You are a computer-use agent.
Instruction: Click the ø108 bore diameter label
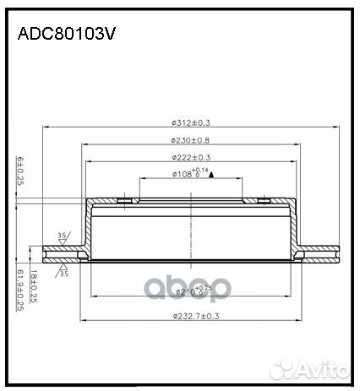point(185,174)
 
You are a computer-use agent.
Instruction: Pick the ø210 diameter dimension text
point(191,291)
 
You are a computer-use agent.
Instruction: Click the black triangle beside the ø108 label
point(211,175)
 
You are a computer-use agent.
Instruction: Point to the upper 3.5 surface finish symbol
point(62,237)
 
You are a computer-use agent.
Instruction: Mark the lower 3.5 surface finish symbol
point(62,273)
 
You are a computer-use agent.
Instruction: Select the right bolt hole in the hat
point(264,201)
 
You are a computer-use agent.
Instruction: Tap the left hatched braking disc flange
point(63,253)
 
